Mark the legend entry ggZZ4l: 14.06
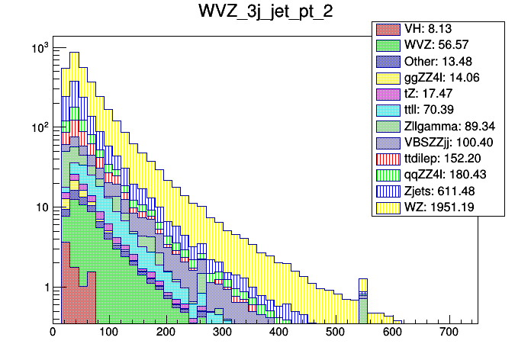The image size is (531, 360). click(x=441, y=78)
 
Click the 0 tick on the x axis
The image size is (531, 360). click(x=53, y=333)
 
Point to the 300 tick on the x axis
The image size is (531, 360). click(x=223, y=333)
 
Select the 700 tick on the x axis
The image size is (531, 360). click(x=449, y=333)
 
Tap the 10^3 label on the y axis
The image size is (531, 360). click(x=38, y=49)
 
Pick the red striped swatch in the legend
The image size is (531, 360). click(x=387, y=158)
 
